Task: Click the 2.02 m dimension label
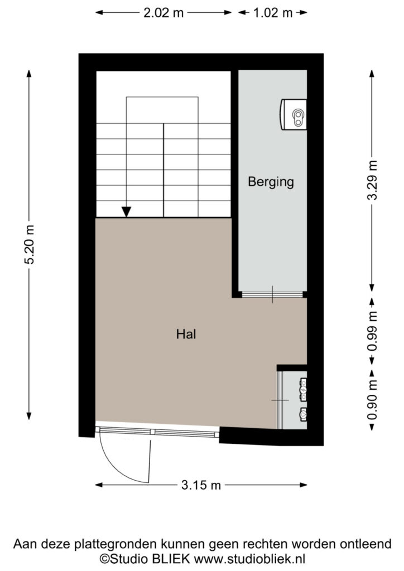163,13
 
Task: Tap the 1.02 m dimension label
273,13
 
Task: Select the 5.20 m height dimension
29,244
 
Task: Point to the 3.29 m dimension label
372,180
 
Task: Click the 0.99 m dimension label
372,331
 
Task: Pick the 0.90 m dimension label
372,400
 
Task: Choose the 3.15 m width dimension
201,485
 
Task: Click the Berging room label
271,182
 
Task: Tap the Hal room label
186,334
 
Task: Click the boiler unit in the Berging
294,114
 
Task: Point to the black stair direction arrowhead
126,211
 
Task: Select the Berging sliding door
272,294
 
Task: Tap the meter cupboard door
280,400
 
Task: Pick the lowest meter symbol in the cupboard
303,414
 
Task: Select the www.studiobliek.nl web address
249,558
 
